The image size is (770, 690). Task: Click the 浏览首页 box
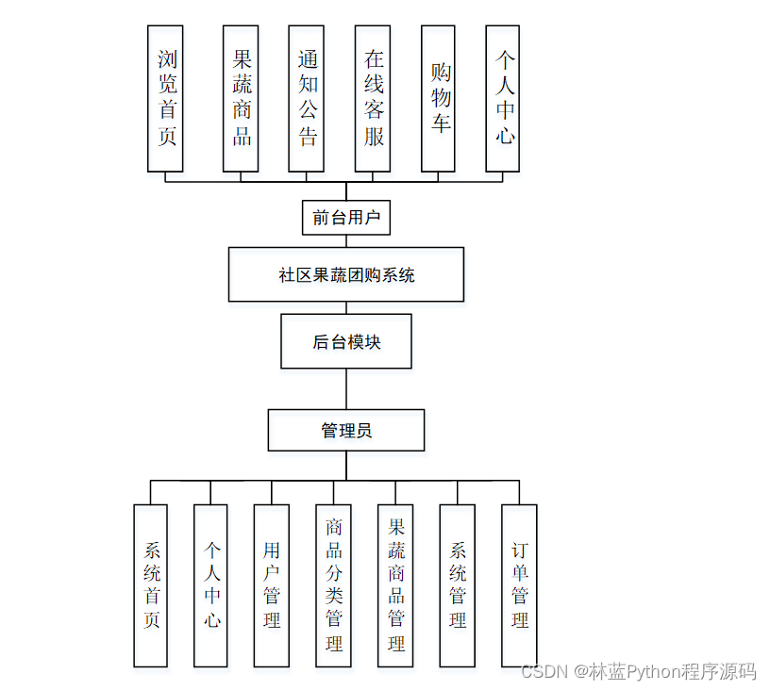point(165,98)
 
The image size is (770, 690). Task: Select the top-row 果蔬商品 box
point(241,98)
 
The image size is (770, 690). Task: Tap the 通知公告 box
point(306,98)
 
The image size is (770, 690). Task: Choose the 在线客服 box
point(373,98)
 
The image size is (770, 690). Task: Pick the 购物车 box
point(438,98)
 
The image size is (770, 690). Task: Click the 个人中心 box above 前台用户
point(503,98)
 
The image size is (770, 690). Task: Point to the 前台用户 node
point(346,218)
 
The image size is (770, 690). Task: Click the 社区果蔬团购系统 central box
point(346,274)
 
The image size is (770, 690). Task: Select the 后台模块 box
point(346,341)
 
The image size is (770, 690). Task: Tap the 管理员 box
point(346,430)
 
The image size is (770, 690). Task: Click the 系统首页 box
point(151,585)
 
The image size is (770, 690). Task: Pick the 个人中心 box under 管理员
point(210,585)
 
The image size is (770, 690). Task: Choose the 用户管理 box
point(271,585)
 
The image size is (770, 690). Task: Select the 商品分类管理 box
point(333,585)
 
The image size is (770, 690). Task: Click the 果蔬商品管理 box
point(395,585)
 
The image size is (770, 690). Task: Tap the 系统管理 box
point(457,585)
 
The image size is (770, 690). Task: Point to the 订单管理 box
point(519,585)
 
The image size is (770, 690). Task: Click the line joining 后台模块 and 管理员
point(346,388)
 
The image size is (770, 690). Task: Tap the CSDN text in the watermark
point(542,671)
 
